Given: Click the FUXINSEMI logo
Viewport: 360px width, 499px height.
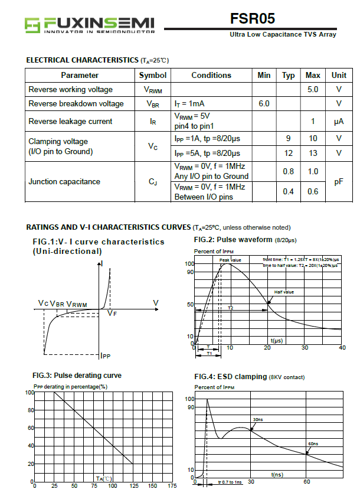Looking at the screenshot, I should (x=89, y=24).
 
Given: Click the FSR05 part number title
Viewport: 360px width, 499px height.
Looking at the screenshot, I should (x=253, y=18).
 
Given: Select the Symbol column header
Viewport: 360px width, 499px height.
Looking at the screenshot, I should (x=153, y=75).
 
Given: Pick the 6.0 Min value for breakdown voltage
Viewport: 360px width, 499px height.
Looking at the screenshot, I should (x=264, y=103).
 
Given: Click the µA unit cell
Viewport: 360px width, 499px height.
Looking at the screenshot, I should (x=339, y=121).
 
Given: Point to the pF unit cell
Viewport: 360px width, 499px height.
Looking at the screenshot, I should (x=339, y=182).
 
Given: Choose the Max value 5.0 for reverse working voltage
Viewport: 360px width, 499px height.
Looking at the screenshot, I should (x=313, y=89).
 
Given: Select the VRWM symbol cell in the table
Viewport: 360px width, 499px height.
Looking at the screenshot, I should (x=153, y=90).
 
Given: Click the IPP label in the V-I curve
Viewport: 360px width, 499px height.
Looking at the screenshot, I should (x=105, y=356).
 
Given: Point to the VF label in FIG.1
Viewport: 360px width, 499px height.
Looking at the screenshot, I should (x=112, y=314).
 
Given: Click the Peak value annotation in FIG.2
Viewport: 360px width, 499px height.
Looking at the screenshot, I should (x=230, y=260).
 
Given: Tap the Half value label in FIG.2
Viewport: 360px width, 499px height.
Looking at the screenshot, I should (x=284, y=292).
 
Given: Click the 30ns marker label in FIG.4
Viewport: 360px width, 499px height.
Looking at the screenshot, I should (x=258, y=419).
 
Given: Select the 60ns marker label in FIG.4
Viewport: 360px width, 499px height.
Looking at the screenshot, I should (x=313, y=443).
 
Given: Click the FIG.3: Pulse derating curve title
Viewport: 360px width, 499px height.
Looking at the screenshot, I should (x=77, y=376).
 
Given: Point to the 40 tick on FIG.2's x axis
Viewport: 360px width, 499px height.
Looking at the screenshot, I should (x=342, y=347).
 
